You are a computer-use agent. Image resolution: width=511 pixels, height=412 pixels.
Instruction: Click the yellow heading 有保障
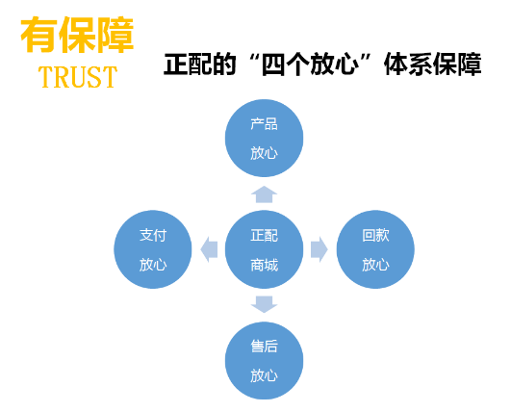77,35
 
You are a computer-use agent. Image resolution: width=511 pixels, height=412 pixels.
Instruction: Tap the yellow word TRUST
78,77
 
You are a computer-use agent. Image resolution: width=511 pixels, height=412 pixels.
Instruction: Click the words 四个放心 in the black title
309,64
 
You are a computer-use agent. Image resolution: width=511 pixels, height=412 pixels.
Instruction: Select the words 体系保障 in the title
432,64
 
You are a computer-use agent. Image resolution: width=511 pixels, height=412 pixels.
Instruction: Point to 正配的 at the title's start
199,64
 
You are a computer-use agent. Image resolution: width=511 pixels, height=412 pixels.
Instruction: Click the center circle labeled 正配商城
264,249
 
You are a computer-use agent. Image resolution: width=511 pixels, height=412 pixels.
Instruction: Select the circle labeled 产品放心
264,139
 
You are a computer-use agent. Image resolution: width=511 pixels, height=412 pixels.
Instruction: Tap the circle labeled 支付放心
153,249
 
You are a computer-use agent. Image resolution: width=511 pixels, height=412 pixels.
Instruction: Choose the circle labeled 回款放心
375,249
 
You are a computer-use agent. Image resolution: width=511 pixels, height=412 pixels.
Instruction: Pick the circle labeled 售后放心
264,360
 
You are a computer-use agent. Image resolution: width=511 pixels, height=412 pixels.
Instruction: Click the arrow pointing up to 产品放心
264,194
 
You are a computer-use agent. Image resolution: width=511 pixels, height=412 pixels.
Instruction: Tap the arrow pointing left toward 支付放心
209,249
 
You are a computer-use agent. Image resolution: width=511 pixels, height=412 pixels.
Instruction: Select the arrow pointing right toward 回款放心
319,249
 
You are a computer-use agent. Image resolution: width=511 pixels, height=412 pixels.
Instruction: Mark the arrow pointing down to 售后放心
264,304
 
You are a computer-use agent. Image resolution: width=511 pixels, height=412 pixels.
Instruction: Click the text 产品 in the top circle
264,124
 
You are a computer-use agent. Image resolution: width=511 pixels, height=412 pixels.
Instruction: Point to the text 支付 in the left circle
153,235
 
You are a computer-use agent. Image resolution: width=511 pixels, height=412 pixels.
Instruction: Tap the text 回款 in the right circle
375,235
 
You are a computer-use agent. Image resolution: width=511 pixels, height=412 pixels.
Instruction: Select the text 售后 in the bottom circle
264,347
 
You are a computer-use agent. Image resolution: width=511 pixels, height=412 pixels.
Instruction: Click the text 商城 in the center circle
264,265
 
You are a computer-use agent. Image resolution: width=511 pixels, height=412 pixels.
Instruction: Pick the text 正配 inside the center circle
264,235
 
